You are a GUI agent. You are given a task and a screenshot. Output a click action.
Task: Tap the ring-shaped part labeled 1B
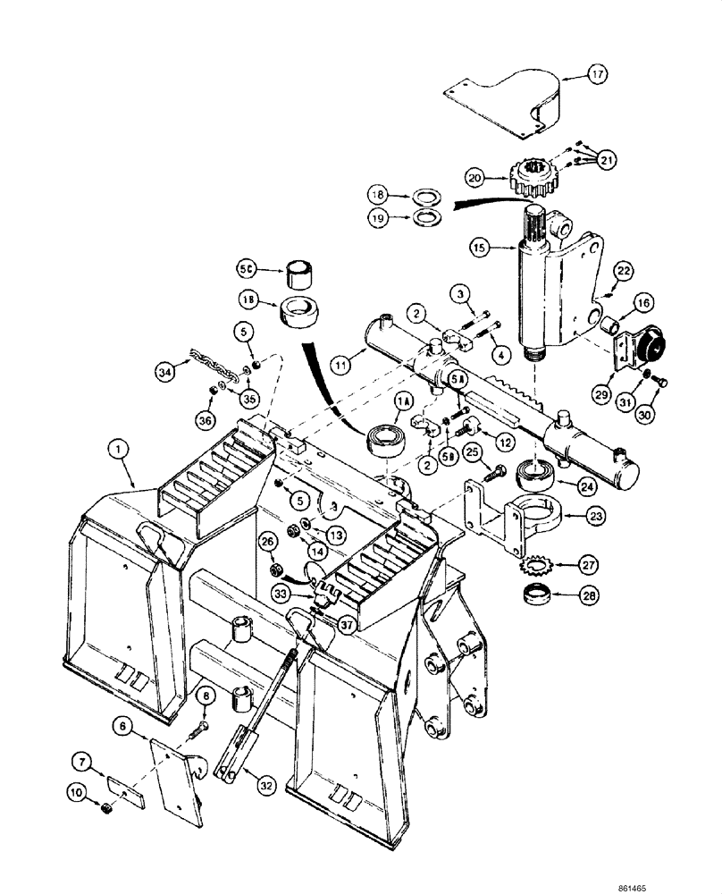pos(302,314)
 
